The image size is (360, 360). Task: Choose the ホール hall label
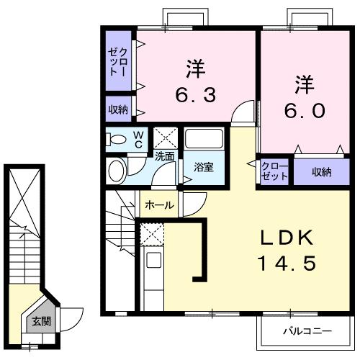[159, 205]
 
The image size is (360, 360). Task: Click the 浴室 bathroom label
[203, 167]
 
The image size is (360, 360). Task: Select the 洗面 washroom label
[164, 156]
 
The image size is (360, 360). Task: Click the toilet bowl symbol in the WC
[116, 139]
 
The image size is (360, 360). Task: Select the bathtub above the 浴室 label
[203, 139]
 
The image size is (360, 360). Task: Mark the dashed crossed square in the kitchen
[153, 233]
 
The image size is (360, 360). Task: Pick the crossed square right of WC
[166, 137]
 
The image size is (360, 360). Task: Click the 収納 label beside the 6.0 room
[321, 171]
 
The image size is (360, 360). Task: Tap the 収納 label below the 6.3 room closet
[119, 109]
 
